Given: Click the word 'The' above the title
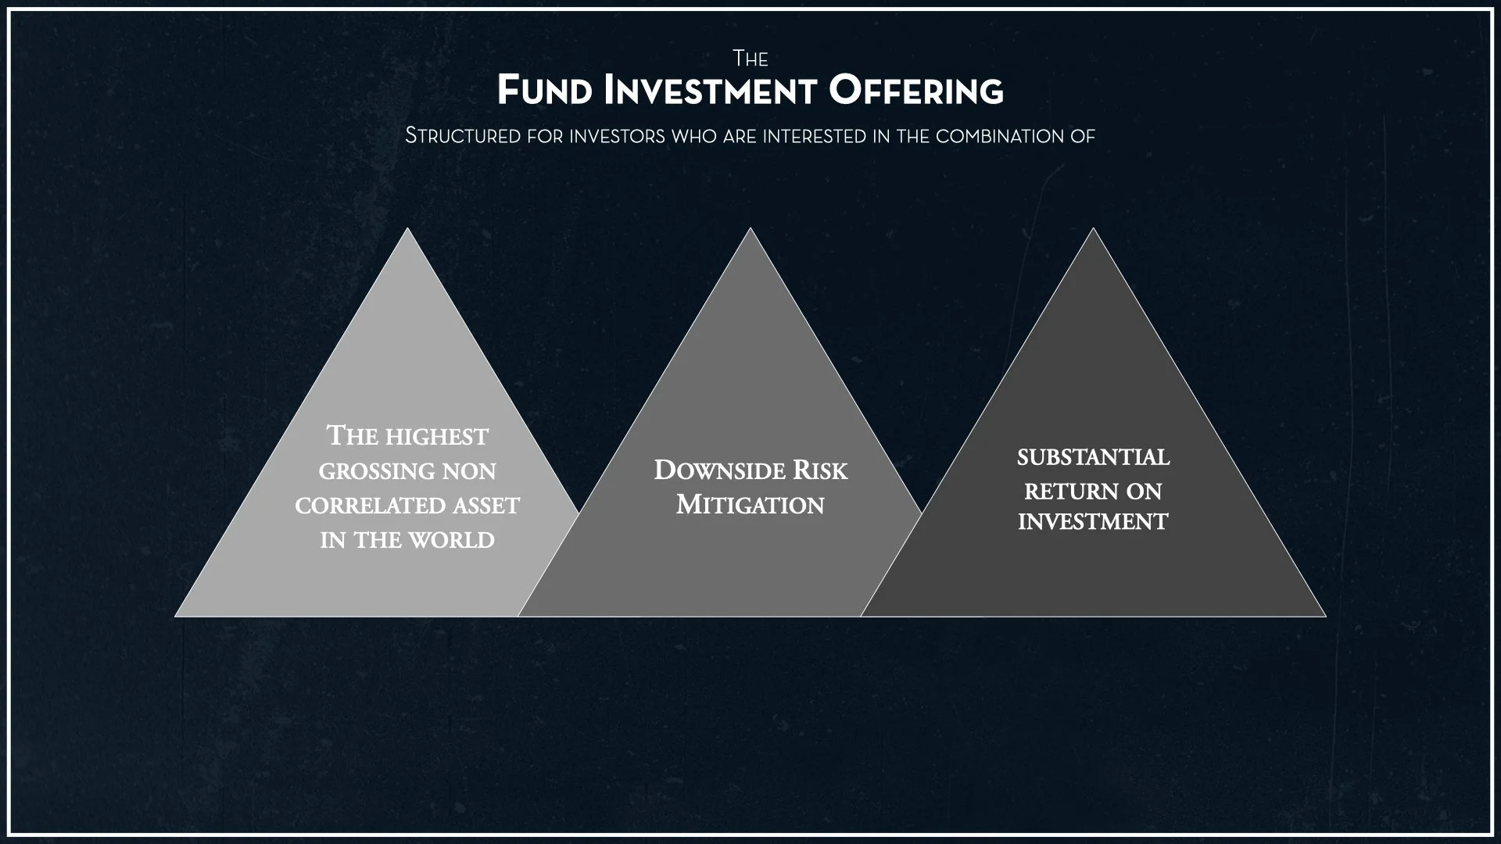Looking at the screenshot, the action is coord(750,59).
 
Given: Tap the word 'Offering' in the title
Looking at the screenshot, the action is coord(916,91).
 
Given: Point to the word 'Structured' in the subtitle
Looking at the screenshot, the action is coord(463,136).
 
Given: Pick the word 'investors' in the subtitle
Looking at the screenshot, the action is coord(617,136).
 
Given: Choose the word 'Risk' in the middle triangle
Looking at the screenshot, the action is coord(820,470).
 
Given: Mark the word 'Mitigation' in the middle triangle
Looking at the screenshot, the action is coord(750,505).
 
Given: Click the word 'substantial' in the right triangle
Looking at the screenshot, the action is coord(1093,457).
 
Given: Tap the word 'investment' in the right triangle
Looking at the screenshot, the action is coord(1093,522).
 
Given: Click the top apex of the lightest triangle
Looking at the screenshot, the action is coord(407,229).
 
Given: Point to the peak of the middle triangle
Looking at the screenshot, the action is coord(750,229).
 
